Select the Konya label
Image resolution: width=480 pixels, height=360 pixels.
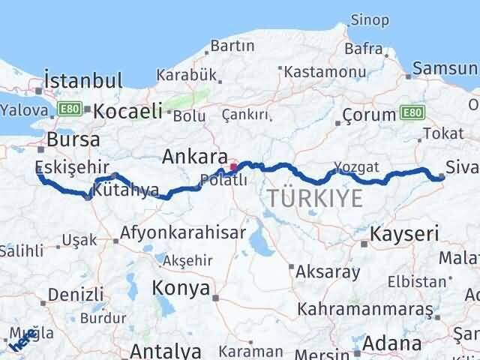point(178,287)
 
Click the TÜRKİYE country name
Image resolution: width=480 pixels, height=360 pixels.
point(316,199)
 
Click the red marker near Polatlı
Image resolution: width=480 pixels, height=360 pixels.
point(234,166)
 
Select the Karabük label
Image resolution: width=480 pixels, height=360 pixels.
point(187,75)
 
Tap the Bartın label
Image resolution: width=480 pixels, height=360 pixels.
point(233,46)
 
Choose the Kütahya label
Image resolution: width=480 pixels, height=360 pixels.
point(125,190)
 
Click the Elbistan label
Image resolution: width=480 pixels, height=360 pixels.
point(417,283)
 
